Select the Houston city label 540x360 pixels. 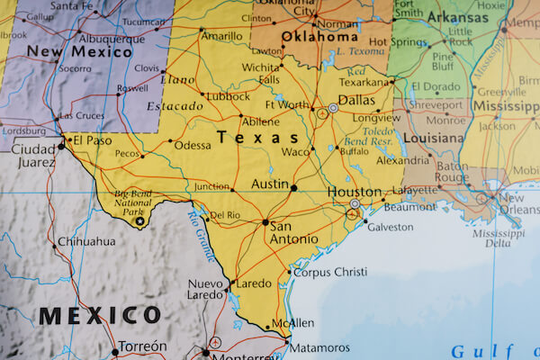(353, 192)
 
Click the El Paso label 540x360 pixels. (92, 141)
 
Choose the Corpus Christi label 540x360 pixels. (330, 271)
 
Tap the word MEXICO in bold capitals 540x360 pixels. (98, 316)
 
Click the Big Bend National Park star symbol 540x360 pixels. (139, 220)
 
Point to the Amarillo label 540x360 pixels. (221, 36)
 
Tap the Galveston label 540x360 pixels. (390, 228)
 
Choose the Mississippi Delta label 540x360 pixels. (498, 238)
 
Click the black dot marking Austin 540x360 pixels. (293, 187)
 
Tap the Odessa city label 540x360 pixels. (193, 145)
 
